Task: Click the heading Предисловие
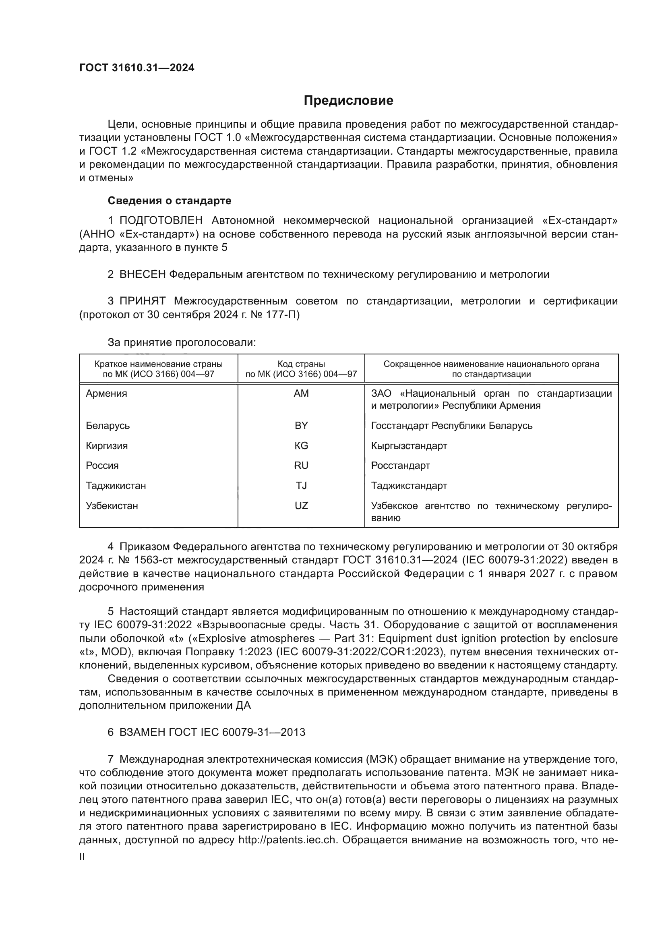348,101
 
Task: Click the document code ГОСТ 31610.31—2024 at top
137,68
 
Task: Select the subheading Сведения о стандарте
170,201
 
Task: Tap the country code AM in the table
301,393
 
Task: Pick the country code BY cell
301,425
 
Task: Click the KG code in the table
301,445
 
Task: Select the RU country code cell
301,466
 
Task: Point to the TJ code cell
301,486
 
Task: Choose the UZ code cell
301,506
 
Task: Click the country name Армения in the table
106,393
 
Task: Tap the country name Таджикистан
116,486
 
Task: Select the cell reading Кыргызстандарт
409,445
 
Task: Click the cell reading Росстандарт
400,466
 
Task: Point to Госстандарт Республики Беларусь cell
451,425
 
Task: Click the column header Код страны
301,364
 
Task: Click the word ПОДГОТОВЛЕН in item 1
161,221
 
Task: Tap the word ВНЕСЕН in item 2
142,275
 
